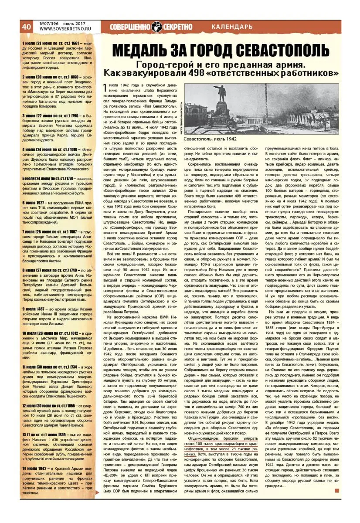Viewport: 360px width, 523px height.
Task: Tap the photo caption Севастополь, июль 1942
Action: (x=211, y=139)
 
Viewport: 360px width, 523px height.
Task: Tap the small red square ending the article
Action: (x=337, y=491)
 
